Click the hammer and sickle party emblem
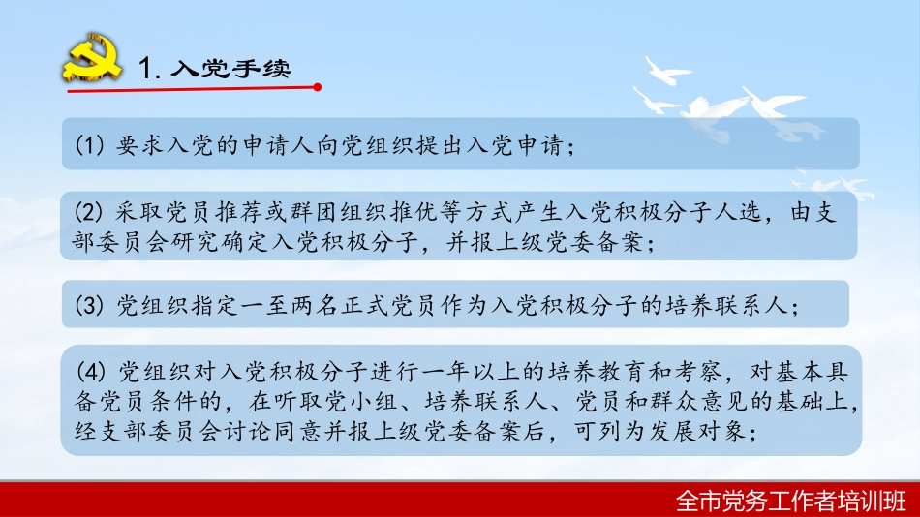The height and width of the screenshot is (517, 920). pyautogui.click(x=91, y=61)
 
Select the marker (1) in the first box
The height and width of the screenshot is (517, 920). pyautogui.click(x=88, y=145)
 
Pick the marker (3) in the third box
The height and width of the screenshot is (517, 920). pyautogui.click(x=88, y=306)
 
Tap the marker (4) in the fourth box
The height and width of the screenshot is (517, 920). pyautogui.click(x=88, y=372)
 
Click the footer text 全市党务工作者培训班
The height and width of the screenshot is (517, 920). pyautogui.click(x=791, y=500)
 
